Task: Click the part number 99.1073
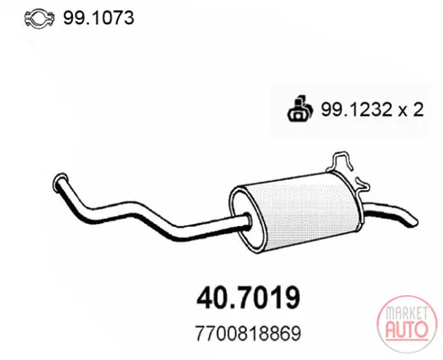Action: (x=98, y=18)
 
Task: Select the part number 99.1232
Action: (x=357, y=109)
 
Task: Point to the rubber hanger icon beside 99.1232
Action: (x=300, y=109)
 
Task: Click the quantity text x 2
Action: (x=411, y=110)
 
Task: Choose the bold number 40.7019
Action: (x=249, y=298)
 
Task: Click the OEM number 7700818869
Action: (x=248, y=333)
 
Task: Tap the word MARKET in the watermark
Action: (x=407, y=313)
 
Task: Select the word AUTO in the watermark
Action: (x=407, y=329)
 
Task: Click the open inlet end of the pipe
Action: (x=60, y=181)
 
